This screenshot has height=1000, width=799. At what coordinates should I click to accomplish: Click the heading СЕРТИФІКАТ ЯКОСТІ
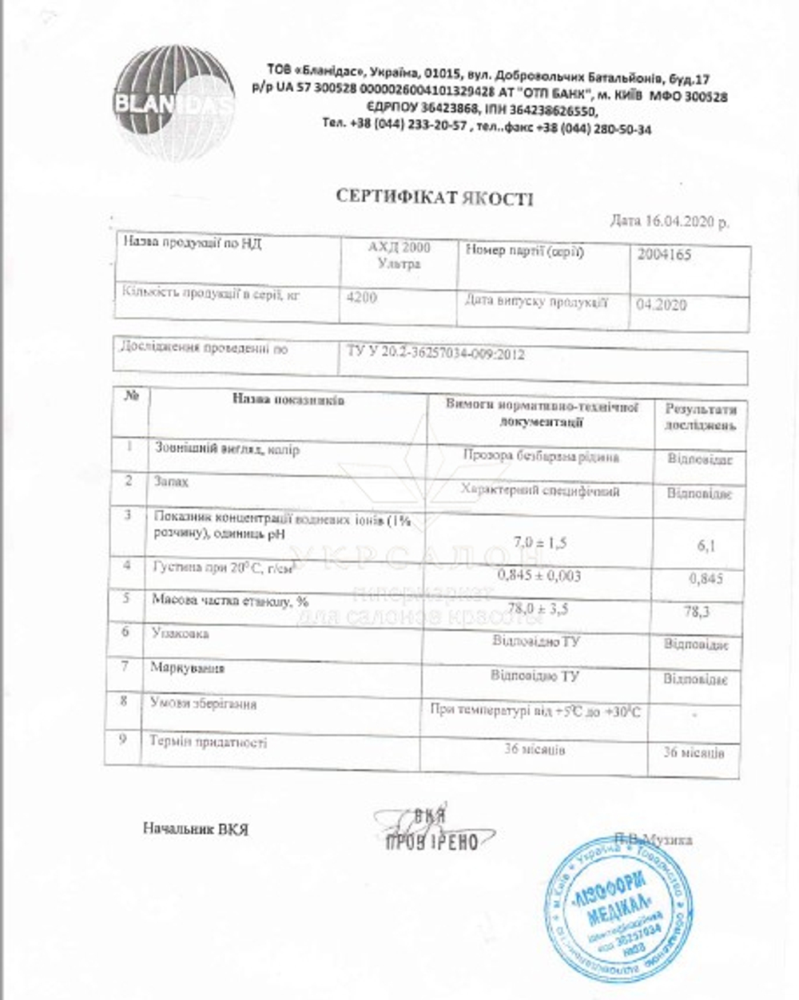[433, 197]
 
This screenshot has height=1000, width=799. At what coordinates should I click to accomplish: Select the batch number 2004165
[665, 256]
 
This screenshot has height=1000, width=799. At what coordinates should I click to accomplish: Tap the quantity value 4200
[362, 298]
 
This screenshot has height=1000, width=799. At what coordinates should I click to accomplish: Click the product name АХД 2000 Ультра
[399, 255]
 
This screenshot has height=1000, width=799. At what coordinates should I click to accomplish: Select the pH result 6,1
[706, 546]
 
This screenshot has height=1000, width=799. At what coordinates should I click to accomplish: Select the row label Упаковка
[180, 633]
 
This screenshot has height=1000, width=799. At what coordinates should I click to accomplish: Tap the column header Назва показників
[288, 400]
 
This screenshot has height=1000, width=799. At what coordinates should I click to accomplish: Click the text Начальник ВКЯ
[196, 829]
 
